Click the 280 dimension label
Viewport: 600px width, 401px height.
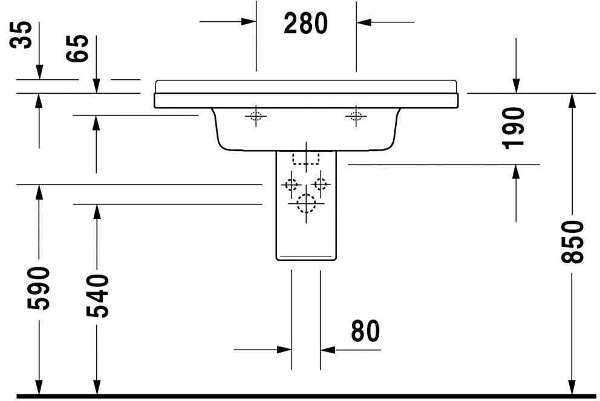click(x=306, y=23)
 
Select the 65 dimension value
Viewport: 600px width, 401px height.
click(x=80, y=48)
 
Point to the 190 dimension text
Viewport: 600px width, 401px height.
click(x=514, y=128)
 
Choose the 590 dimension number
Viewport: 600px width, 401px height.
click(x=38, y=288)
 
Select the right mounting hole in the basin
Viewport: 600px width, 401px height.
click(x=356, y=116)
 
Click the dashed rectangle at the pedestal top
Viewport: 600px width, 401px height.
click(x=305, y=158)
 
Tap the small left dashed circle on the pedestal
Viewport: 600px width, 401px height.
click(x=292, y=184)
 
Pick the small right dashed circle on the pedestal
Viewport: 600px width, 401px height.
click(x=320, y=184)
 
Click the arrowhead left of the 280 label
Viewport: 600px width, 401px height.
click(x=249, y=22)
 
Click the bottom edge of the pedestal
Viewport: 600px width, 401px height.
click(x=305, y=260)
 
